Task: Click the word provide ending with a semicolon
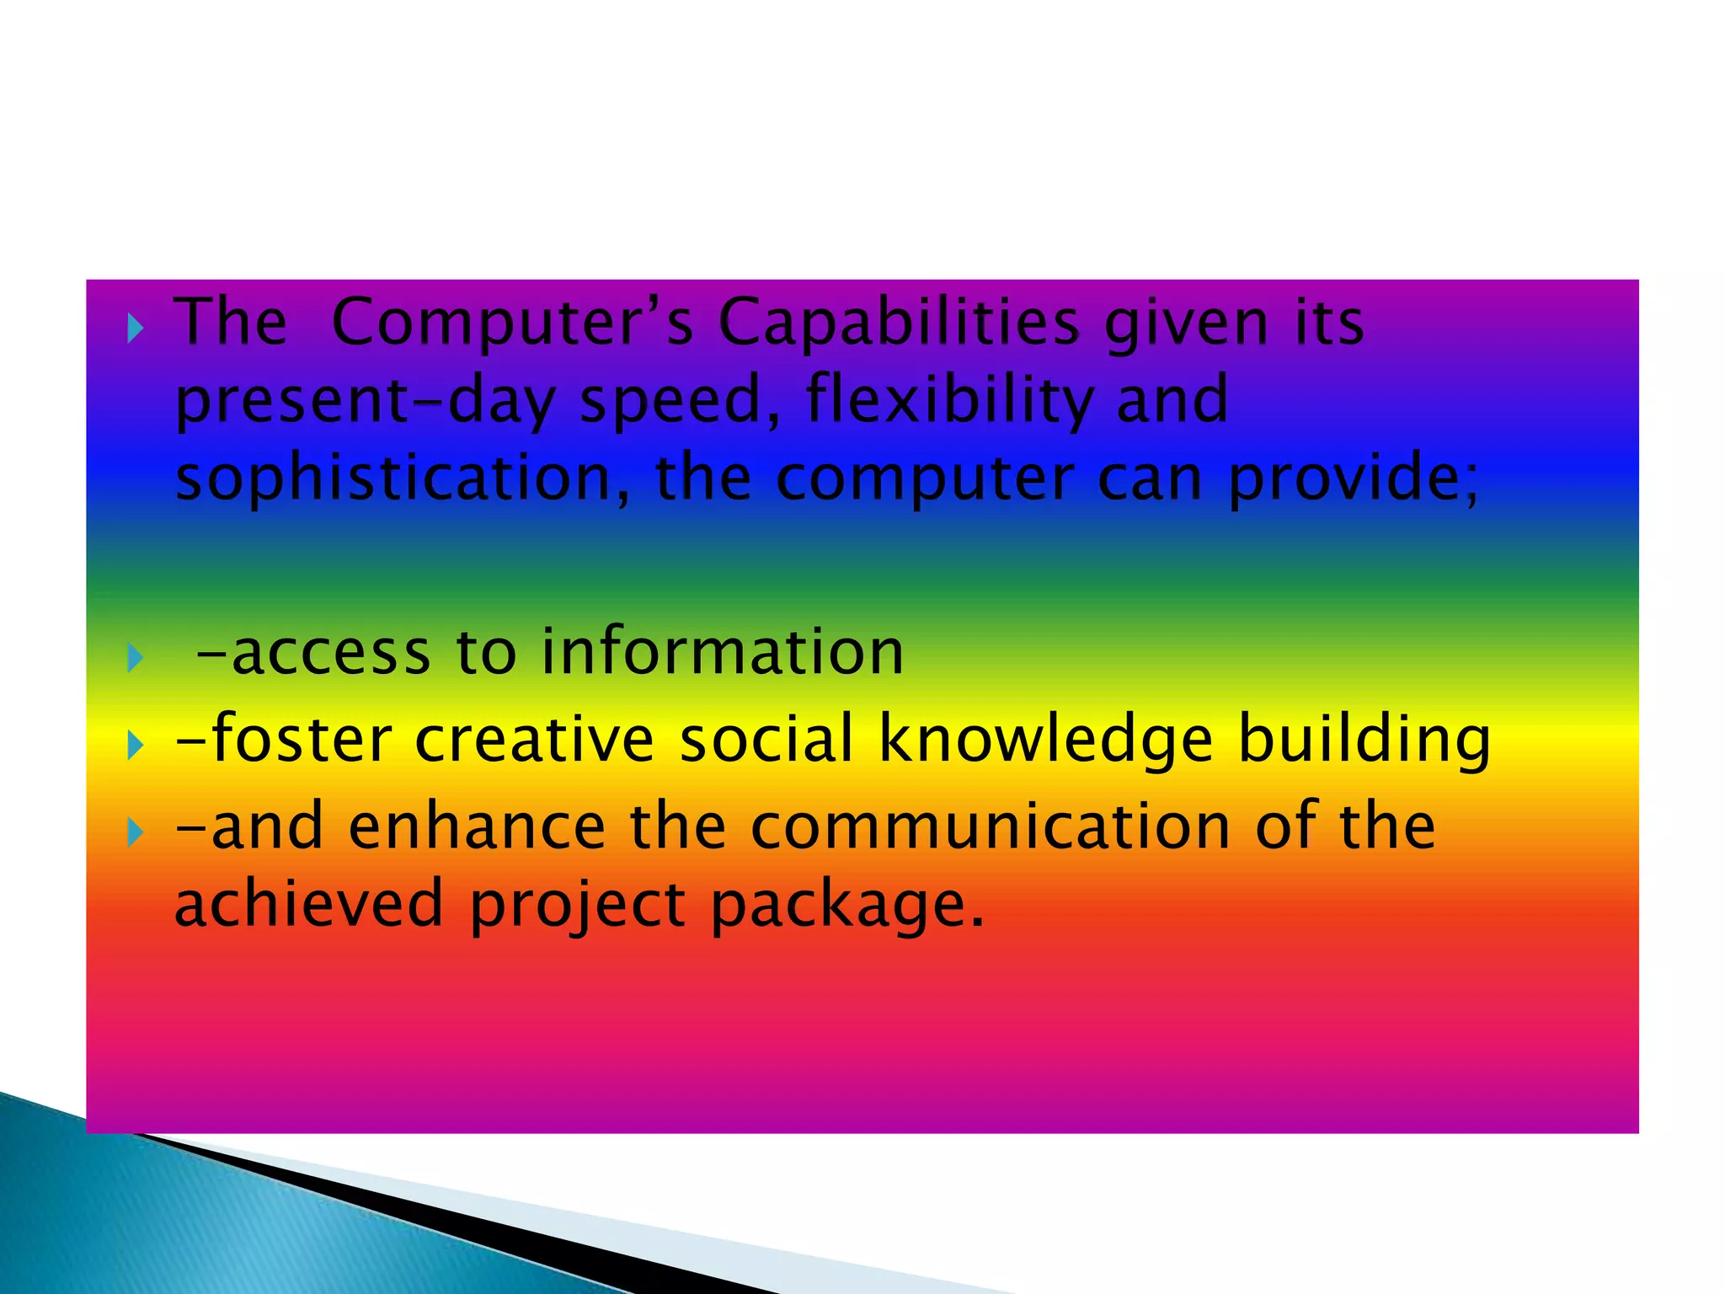(x=1353, y=479)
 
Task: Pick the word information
(x=722, y=652)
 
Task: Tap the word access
(x=330, y=654)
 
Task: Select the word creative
(x=534, y=740)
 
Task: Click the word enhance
(x=477, y=826)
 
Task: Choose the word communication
(x=991, y=826)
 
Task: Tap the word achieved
(x=308, y=904)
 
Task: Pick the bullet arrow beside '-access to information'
(x=135, y=657)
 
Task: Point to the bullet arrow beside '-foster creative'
(x=135, y=745)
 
